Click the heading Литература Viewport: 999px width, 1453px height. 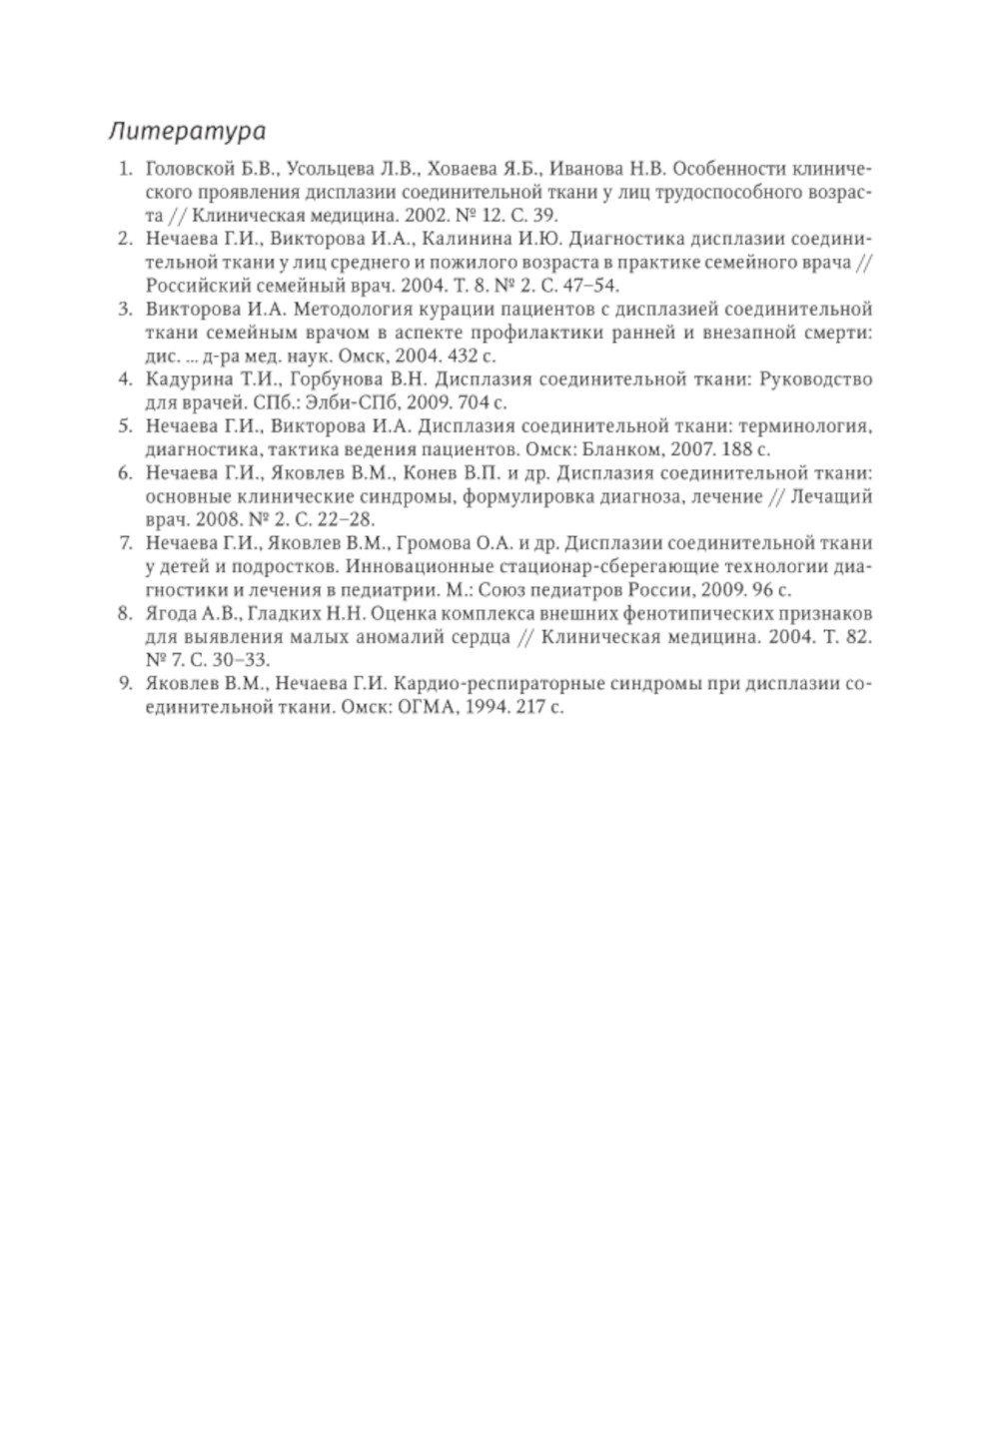(187, 131)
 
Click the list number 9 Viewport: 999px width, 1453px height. (126, 684)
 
